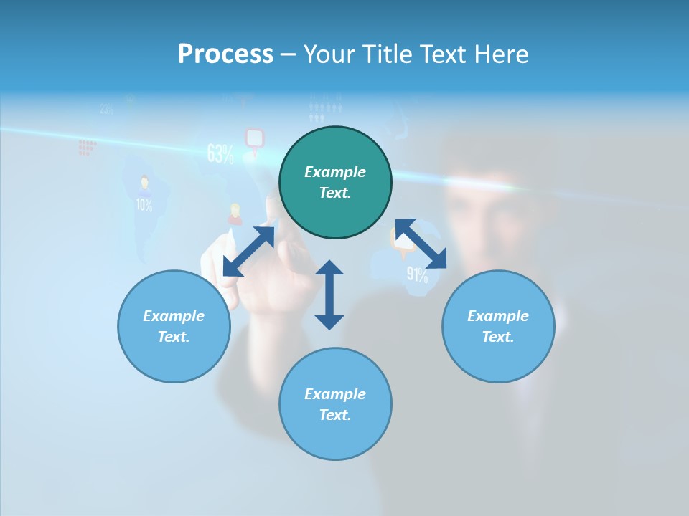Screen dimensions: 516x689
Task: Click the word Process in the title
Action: [x=225, y=54]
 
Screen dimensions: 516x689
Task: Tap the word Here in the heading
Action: [x=502, y=54]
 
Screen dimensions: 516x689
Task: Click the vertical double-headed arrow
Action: [x=329, y=295]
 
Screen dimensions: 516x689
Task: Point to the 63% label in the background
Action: [x=220, y=153]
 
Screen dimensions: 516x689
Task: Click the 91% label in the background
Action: [x=417, y=274]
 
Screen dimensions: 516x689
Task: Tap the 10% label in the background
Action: [x=144, y=206]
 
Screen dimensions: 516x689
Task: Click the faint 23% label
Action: [x=107, y=110]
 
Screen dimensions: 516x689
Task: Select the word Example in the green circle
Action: [x=335, y=172]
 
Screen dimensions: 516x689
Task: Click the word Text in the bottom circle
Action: [x=334, y=415]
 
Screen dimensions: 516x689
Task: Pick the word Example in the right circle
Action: [x=498, y=316]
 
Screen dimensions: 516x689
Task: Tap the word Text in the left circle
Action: [x=174, y=337]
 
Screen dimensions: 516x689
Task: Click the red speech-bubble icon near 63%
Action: [x=255, y=138]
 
